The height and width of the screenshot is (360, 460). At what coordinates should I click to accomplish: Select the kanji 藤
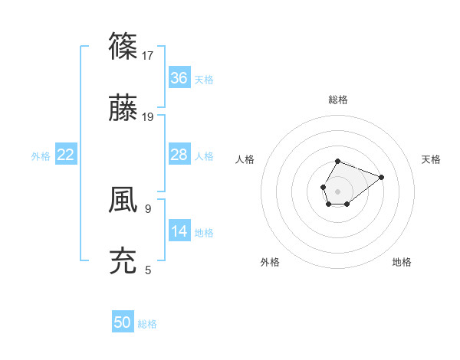[x=123, y=110]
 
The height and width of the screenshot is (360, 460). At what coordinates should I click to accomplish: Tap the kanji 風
[x=123, y=200]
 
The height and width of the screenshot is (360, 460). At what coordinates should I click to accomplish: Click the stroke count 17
[x=148, y=56]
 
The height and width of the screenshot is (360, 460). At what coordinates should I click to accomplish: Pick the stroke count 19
[x=148, y=117]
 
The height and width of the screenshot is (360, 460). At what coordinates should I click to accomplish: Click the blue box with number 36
[x=179, y=78]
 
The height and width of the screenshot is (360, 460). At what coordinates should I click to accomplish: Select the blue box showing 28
[x=179, y=155]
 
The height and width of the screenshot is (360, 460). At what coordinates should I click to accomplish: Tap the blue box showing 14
[x=179, y=231]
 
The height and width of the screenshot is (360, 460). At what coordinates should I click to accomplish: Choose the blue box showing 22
[x=66, y=155]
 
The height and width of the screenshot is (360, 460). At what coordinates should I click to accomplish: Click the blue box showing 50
[x=123, y=322]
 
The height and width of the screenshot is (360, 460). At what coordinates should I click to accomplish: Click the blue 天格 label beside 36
[x=204, y=79]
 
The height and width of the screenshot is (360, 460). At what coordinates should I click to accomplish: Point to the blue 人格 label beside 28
[x=204, y=155]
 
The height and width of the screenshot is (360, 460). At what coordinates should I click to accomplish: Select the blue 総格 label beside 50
[x=147, y=323]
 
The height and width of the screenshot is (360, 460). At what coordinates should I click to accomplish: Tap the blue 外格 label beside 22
[x=41, y=155]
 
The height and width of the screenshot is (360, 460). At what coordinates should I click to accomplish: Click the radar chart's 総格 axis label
[x=337, y=100]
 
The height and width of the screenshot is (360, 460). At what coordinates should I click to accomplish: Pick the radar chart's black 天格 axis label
[x=431, y=159]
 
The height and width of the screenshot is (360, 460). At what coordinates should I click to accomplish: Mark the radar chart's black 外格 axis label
[x=270, y=262]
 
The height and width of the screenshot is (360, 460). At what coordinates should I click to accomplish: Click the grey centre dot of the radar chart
[x=337, y=190]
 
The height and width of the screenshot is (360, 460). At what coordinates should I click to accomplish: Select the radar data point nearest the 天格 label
[x=381, y=176]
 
